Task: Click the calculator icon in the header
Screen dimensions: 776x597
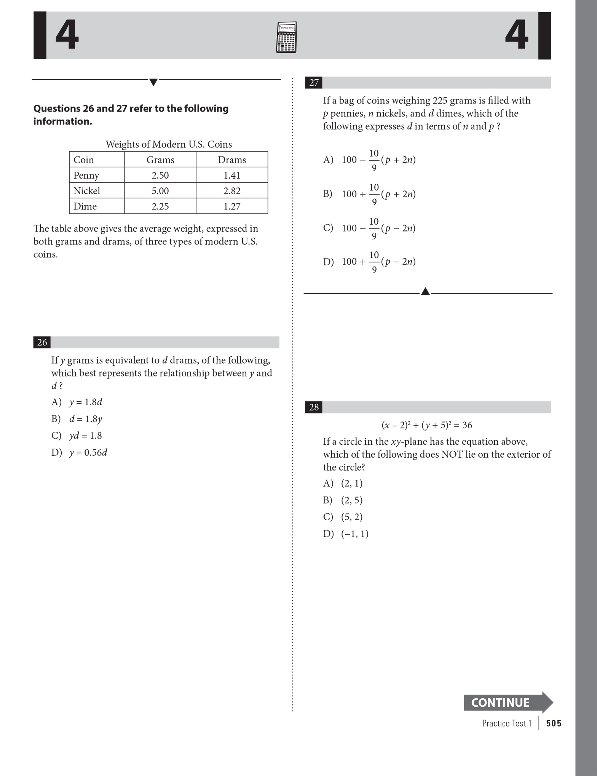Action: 286,37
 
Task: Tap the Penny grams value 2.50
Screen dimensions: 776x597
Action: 160,176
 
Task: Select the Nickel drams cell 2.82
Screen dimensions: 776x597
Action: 231,191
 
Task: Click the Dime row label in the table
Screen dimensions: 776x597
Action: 85,206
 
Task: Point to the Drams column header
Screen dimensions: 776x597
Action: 231,160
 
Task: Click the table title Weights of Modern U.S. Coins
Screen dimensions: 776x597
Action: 169,144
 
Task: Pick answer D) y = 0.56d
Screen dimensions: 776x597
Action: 80,452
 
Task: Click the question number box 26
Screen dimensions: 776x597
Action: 42,342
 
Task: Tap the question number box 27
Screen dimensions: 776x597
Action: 314,83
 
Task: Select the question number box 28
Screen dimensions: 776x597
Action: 314,407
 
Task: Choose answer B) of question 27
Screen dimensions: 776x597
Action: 369,194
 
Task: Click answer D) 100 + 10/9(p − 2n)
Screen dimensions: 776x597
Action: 369,262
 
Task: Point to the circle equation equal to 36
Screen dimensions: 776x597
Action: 426,425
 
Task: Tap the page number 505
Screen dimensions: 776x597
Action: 554,723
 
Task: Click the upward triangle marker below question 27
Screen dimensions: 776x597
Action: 426,292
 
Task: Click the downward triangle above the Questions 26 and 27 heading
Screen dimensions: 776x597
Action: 153,82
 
